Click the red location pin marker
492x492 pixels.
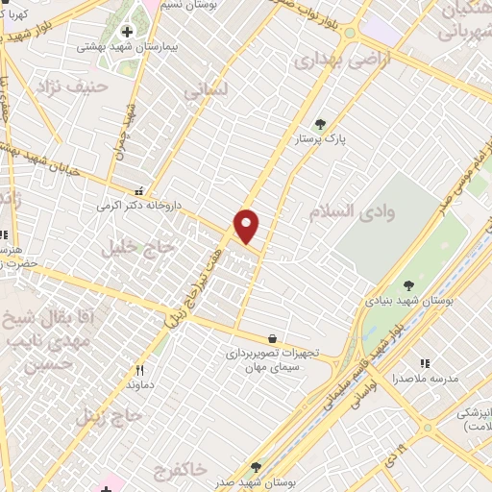[247, 225]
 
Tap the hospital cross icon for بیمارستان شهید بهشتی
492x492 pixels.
[127, 32]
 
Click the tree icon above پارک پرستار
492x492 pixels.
[320, 123]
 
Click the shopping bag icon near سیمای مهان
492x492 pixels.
[273, 338]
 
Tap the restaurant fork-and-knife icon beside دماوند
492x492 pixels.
[140, 370]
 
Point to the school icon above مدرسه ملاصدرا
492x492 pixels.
[424, 363]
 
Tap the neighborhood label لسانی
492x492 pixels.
[207, 90]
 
